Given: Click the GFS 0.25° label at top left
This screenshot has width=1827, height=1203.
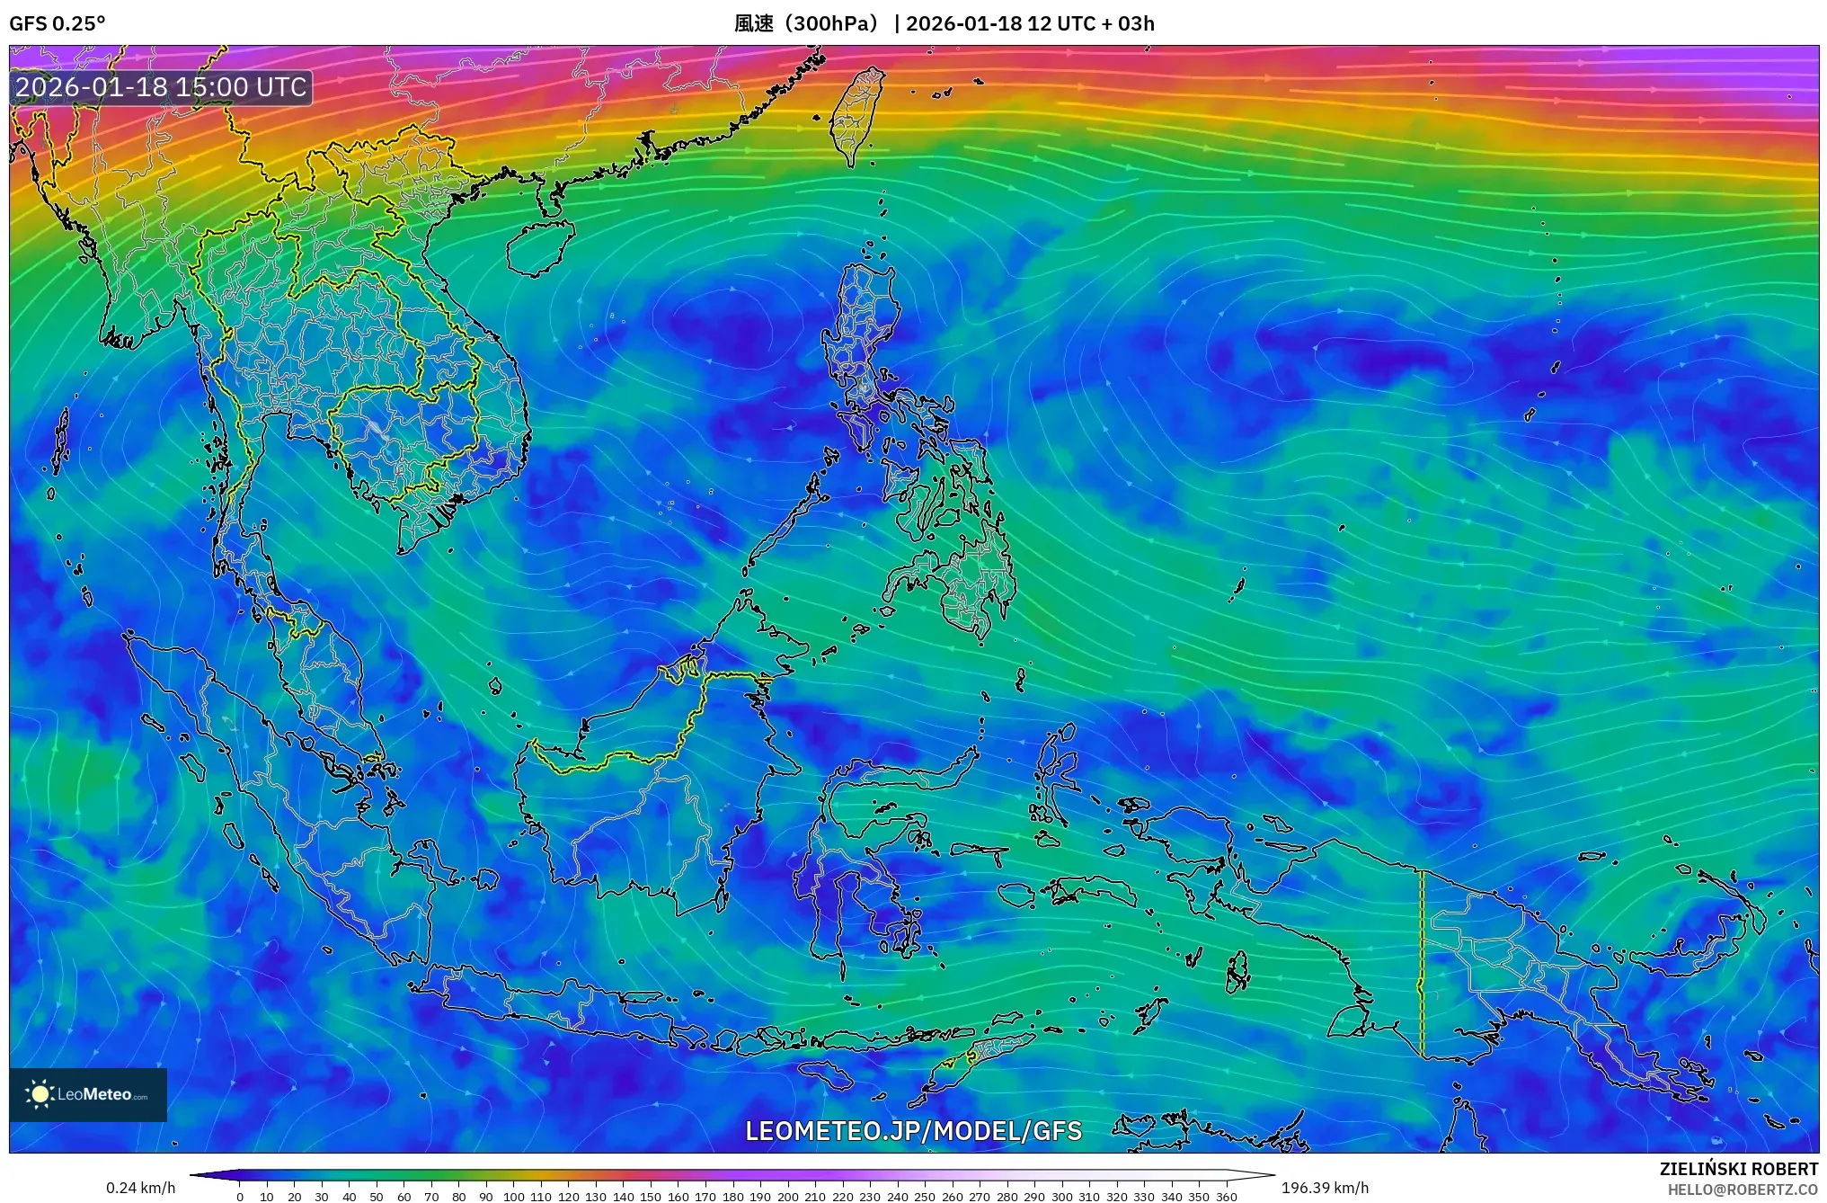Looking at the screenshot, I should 57,23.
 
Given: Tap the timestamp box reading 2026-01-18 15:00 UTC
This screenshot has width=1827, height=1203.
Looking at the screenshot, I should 161,87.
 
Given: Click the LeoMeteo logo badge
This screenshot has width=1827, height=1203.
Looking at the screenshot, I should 88,1094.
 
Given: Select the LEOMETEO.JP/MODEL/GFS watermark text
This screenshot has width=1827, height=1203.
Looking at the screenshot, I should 913,1130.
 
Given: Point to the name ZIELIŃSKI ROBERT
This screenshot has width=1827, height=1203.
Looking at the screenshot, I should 1738,1169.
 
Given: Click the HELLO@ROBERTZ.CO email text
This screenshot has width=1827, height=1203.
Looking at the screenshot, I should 1743,1190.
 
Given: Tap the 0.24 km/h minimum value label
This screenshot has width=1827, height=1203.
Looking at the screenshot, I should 140,1188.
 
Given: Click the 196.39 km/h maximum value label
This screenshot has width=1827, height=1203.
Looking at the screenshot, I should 1325,1188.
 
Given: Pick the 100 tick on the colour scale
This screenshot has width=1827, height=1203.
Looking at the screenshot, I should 513,1197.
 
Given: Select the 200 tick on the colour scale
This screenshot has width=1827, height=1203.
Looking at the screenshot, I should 787,1197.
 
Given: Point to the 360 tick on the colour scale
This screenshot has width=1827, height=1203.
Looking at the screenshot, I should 1226,1197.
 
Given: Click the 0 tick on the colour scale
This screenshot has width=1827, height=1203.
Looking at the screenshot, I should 240,1197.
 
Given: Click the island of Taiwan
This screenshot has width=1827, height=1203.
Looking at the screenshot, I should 855,115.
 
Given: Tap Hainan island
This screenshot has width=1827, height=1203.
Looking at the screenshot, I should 539,245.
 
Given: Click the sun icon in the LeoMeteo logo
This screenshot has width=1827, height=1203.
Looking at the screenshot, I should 40,1094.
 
